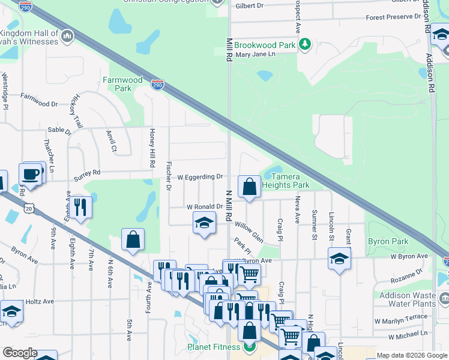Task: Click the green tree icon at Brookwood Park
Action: tap(306, 44)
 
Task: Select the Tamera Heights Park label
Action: tap(290, 181)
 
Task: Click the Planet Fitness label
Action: tap(215, 347)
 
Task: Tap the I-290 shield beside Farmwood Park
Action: tap(157, 85)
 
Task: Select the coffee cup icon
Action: tap(30, 174)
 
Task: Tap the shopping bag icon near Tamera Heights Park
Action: tap(249, 187)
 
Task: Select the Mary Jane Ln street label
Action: tap(255, 55)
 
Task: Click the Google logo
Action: tap(19, 353)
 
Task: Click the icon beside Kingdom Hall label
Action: tap(67, 37)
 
